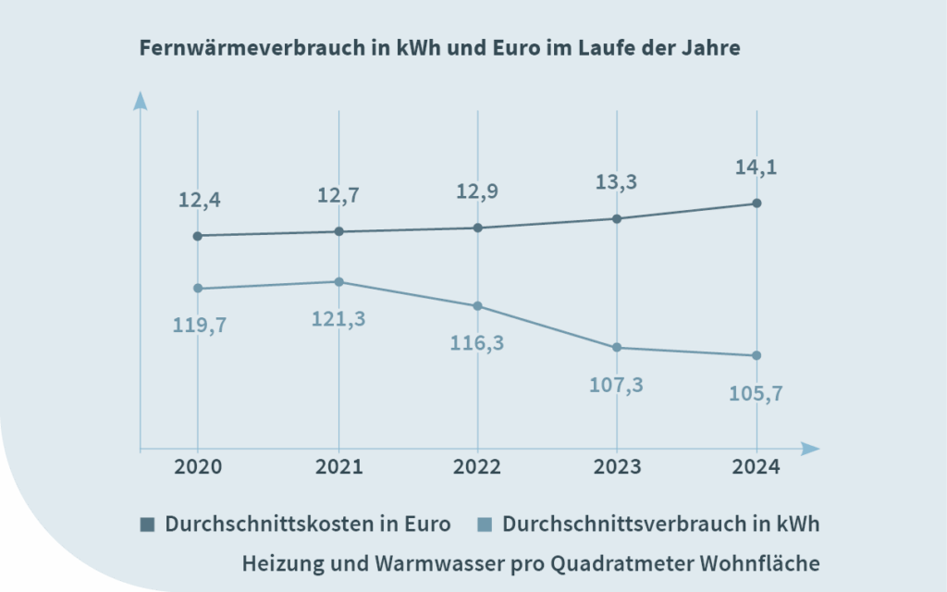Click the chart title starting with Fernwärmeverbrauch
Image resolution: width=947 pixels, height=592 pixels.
tap(439, 49)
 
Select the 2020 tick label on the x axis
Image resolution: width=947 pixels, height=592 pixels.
tap(197, 467)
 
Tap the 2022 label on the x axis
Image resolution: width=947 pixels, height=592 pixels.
tap(477, 467)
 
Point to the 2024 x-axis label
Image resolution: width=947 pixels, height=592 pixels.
tap(756, 467)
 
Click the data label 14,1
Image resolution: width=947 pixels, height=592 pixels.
tap(756, 168)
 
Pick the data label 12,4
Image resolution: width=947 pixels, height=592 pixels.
tap(200, 199)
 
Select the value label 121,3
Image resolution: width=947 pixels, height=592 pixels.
tap(338, 318)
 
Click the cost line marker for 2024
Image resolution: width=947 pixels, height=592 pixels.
tap(756, 203)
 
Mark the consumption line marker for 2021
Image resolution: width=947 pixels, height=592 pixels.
tap(338, 282)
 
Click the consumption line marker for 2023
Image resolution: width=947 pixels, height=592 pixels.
tap(617, 348)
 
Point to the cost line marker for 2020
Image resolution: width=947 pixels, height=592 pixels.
tap(197, 236)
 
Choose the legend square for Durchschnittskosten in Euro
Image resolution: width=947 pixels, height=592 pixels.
tap(147, 524)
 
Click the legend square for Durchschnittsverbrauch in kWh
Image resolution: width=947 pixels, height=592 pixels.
tap(485, 524)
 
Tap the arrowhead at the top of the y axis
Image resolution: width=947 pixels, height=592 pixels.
tap(140, 99)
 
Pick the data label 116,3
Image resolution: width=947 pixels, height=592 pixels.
tap(477, 342)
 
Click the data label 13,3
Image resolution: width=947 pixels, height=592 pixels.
tap(616, 183)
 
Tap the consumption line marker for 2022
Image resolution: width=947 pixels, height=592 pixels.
tap(477, 306)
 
